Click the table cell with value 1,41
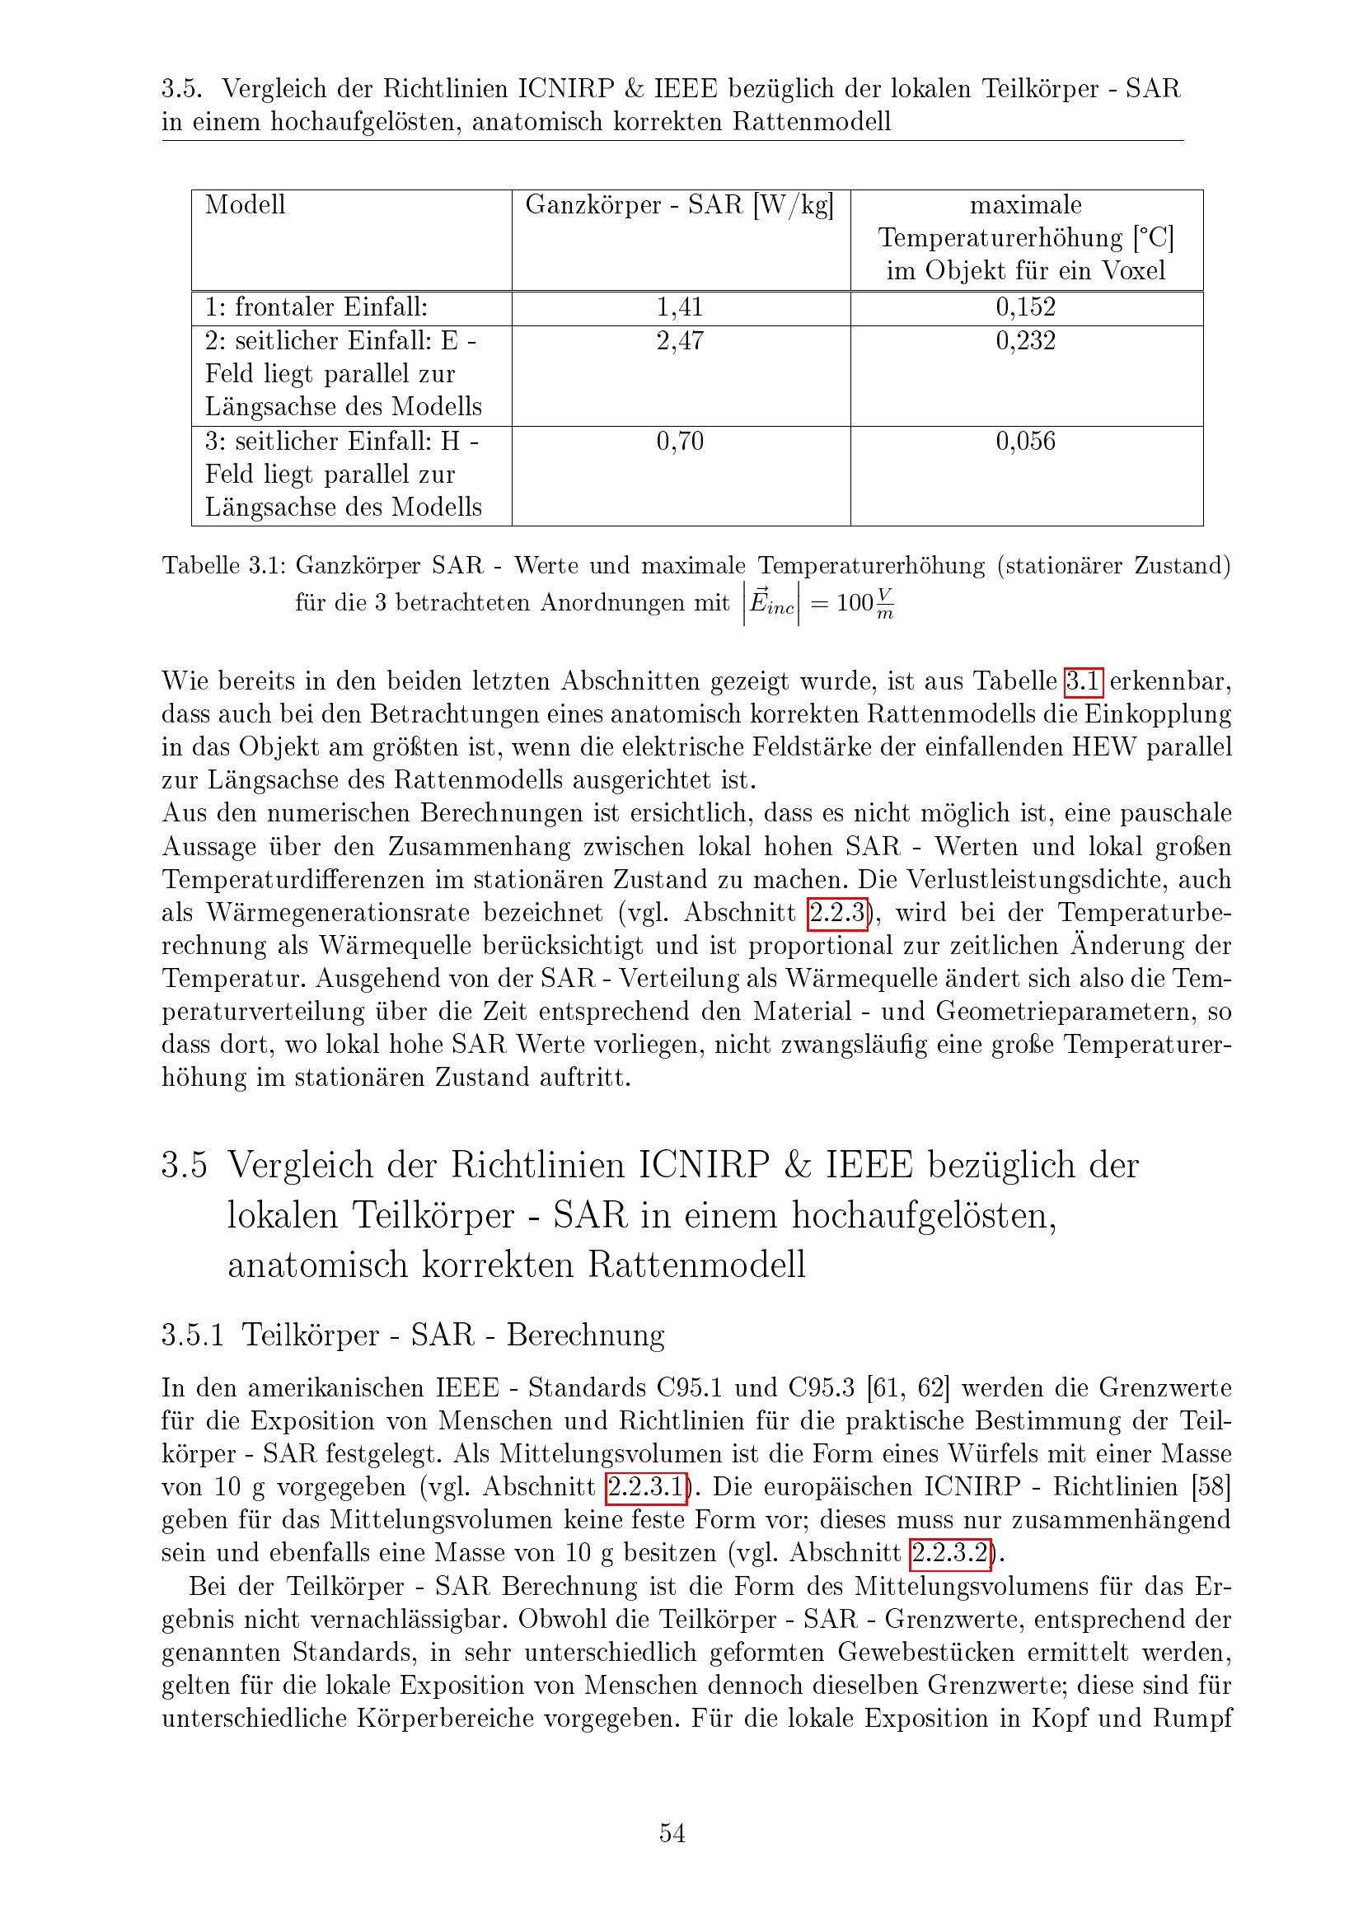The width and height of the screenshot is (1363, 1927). (x=680, y=307)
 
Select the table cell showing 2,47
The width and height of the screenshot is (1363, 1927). (x=680, y=341)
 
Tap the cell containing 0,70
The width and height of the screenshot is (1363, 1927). (x=680, y=442)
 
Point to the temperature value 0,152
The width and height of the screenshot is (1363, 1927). (x=1026, y=307)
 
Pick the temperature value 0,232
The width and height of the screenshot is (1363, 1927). (x=1026, y=341)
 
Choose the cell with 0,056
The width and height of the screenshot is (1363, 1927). (x=1026, y=442)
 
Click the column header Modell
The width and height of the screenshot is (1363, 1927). (x=245, y=205)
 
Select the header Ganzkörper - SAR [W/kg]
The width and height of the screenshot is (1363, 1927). (x=680, y=205)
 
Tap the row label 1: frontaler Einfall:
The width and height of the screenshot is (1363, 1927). (x=316, y=307)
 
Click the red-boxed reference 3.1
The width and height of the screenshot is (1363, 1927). (x=1083, y=681)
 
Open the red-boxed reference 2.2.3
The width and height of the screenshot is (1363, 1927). (x=836, y=913)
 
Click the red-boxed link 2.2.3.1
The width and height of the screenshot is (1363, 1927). (x=646, y=1487)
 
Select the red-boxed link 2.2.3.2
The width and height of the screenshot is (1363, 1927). (x=951, y=1554)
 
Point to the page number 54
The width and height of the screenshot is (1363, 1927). (x=672, y=1833)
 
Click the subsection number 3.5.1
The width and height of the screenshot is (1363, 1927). (x=192, y=1335)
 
